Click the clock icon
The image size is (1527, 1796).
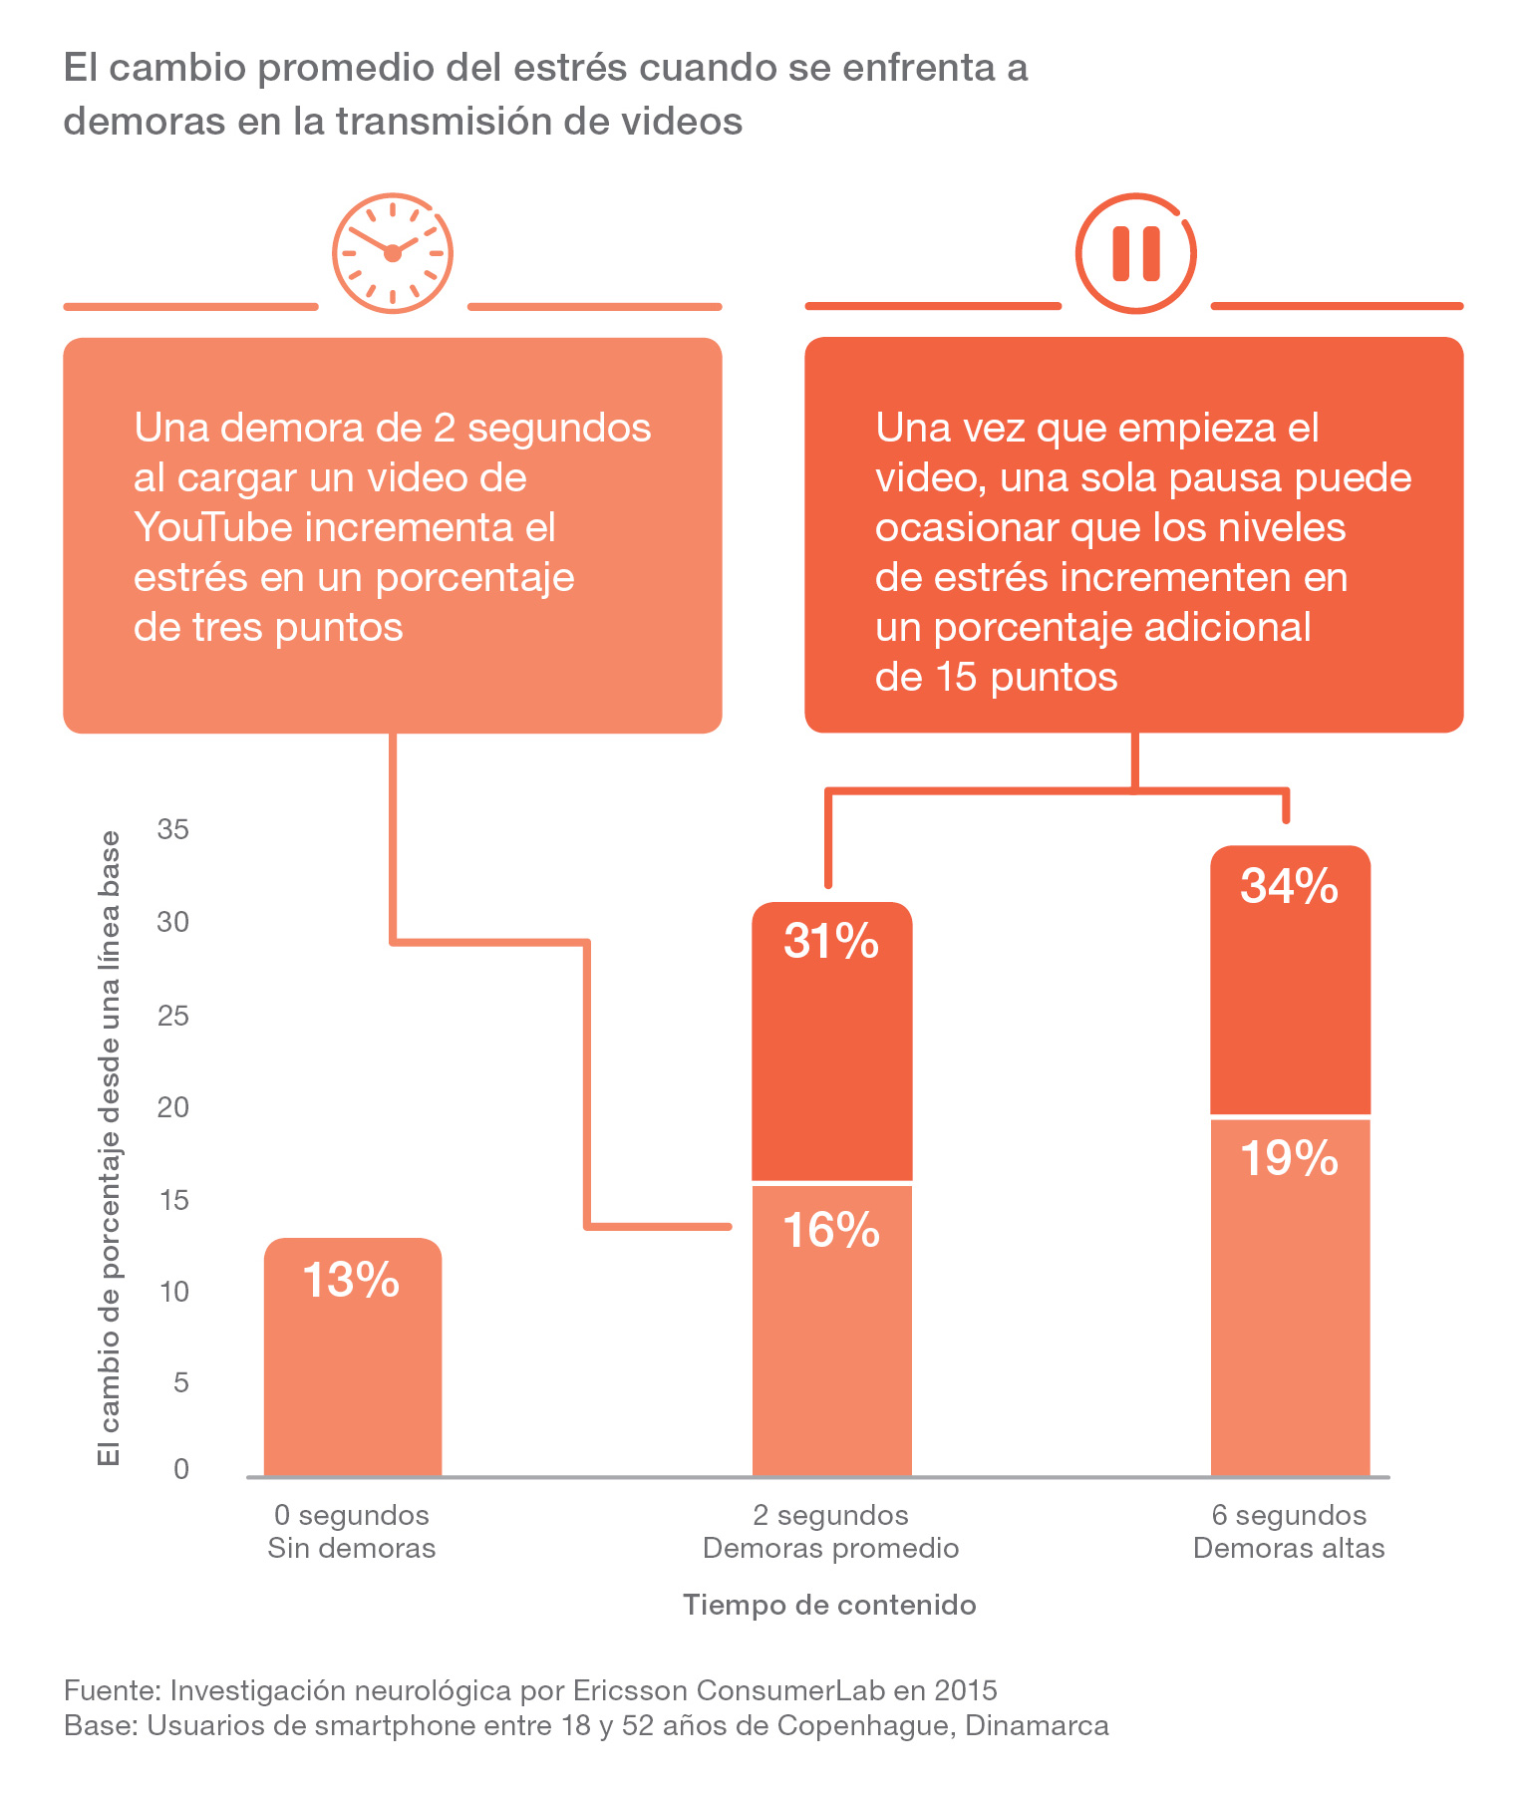pyautogui.click(x=393, y=252)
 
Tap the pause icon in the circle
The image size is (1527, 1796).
pyautogui.click(x=1135, y=252)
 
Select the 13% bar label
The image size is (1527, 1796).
pyautogui.click(x=351, y=1280)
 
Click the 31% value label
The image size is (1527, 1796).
pyautogui.click(x=831, y=941)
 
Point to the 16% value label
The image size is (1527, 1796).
pyautogui.click(x=831, y=1230)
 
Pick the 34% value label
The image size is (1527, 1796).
pyautogui.click(x=1289, y=886)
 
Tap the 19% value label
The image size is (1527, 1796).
pyautogui.click(x=1289, y=1158)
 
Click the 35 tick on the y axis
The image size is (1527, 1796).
pyautogui.click(x=173, y=829)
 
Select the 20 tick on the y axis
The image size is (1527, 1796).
pyautogui.click(x=173, y=1107)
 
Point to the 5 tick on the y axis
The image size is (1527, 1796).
pyautogui.click(x=180, y=1382)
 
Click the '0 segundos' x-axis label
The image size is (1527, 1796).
pyautogui.click(x=352, y=1516)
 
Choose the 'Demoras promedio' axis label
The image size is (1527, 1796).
pyautogui.click(x=830, y=1549)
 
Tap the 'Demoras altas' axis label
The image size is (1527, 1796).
pyautogui.click(x=1289, y=1549)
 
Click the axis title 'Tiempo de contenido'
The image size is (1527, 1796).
pyautogui.click(x=829, y=1606)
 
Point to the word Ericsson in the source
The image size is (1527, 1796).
pyautogui.click(x=630, y=1690)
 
